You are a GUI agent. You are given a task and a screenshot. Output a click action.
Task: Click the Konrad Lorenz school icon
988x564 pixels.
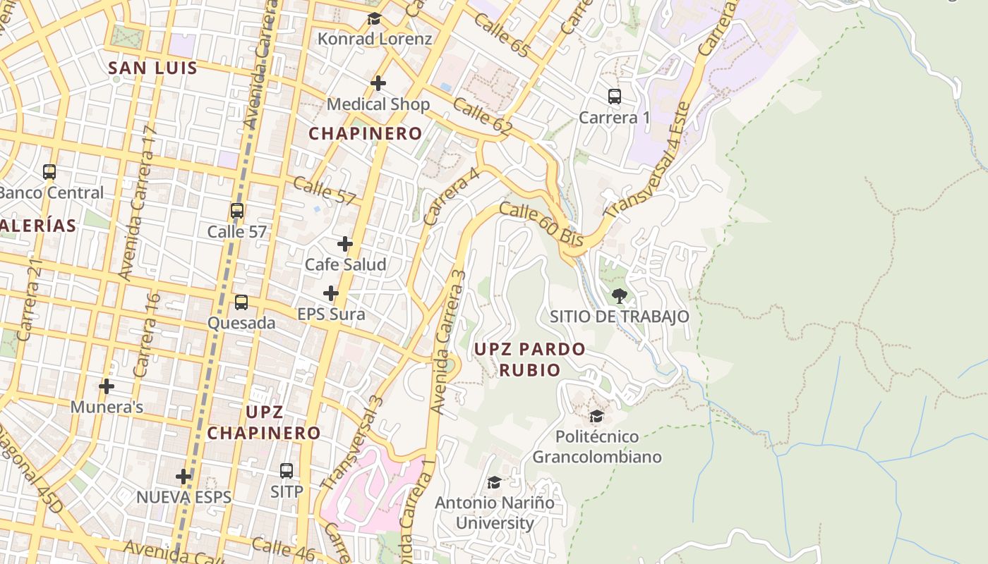click(x=374, y=19)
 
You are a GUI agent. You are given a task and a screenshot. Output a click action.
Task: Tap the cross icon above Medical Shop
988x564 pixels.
click(x=378, y=83)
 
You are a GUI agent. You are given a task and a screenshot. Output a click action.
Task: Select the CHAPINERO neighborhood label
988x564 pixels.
click(x=366, y=133)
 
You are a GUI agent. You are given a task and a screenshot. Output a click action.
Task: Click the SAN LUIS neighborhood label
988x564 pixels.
click(x=152, y=68)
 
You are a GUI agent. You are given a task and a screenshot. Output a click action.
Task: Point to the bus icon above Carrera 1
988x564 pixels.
click(x=615, y=97)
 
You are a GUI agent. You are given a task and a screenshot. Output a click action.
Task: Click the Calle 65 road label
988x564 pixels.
click(x=501, y=33)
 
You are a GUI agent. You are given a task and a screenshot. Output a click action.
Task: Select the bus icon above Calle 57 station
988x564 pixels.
click(x=237, y=211)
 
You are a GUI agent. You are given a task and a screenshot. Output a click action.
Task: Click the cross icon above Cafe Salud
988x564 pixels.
click(x=345, y=244)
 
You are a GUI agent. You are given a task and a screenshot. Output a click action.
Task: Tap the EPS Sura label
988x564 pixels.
click(x=331, y=314)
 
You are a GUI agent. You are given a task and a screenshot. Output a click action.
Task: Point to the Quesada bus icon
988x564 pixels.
click(x=241, y=302)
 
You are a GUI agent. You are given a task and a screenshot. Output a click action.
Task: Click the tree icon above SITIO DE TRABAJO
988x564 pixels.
click(x=620, y=296)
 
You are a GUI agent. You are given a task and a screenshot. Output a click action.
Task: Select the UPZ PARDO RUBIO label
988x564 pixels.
click(x=529, y=359)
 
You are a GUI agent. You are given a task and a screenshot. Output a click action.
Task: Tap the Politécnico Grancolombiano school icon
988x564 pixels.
click(x=597, y=416)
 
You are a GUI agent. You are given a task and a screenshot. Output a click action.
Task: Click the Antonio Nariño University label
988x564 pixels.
click(x=495, y=513)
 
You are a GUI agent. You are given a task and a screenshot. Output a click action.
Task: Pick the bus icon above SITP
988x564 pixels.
click(x=287, y=470)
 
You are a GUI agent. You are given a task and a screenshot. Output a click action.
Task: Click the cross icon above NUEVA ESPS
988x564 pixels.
click(x=184, y=477)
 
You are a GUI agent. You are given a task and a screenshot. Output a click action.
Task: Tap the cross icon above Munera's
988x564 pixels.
click(x=107, y=386)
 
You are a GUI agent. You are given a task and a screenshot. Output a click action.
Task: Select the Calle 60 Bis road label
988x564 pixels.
click(x=541, y=224)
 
